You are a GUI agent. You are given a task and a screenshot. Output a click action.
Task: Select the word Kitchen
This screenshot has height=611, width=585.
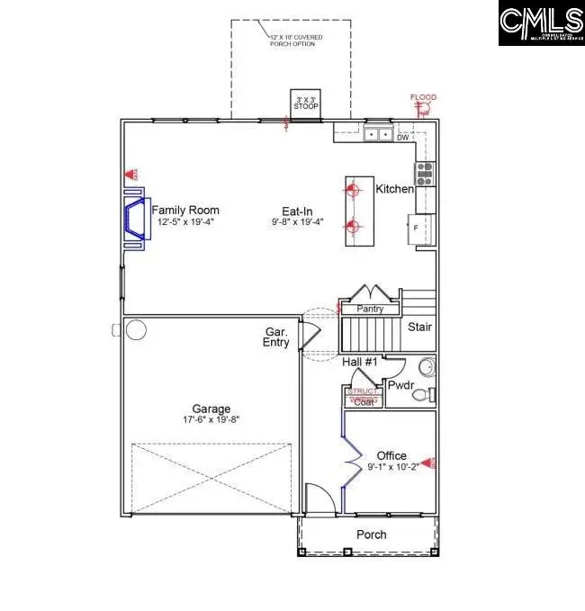pyautogui.click(x=394, y=189)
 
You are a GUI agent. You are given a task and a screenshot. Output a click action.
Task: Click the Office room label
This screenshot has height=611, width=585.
pyautogui.click(x=392, y=455)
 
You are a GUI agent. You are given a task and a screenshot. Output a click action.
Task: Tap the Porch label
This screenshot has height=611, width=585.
pyautogui.click(x=372, y=535)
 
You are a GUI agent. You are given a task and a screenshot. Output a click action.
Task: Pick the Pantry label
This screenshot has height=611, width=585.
pyautogui.click(x=370, y=310)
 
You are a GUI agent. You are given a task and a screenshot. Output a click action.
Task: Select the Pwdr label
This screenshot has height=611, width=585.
pyautogui.click(x=400, y=385)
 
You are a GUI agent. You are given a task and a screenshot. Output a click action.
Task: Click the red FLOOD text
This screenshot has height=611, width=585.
pyautogui.click(x=423, y=96)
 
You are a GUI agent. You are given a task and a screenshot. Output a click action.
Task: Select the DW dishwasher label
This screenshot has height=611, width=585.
pyautogui.click(x=402, y=138)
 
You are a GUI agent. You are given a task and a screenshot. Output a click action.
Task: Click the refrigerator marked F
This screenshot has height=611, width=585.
pyautogui.click(x=421, y=227)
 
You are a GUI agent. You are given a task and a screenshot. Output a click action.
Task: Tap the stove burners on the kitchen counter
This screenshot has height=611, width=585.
pyautogui.click(x=424, y=168)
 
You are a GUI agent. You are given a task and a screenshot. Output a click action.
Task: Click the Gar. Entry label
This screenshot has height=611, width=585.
pyautogui.click(x=275, y=337)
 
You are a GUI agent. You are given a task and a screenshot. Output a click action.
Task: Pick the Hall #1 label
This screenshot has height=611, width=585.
pyautogui.click(x=360, y=362)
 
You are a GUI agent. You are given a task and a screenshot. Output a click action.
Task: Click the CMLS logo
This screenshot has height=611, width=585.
pyautogui.click(x=541, y=23)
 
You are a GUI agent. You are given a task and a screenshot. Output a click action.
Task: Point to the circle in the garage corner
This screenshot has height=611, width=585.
pyautogui.click(x=135, y=330)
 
